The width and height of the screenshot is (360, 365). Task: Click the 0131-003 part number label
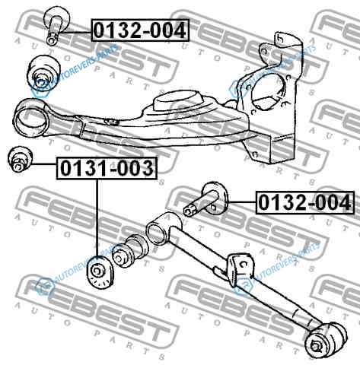[x=107, y=168]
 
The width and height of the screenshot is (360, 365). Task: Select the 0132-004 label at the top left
[x=140, y=30]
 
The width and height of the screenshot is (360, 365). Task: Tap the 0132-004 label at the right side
[x=304, y=203]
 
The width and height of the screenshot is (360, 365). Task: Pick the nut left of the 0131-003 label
[x=20, y=159]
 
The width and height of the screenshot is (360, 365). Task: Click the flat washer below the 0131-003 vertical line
[x=100, y=272]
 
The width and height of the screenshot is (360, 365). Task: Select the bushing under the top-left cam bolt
[x=43, y=70]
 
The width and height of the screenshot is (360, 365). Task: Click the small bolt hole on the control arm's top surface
[x=111, y=122]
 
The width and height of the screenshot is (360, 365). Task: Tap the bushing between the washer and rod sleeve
[x=129, y=251]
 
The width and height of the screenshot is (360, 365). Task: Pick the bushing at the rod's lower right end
[x=326, y=340]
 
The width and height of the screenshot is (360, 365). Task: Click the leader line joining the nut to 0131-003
[x=43, y=164]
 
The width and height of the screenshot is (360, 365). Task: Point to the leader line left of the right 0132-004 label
[x=241, y=202]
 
